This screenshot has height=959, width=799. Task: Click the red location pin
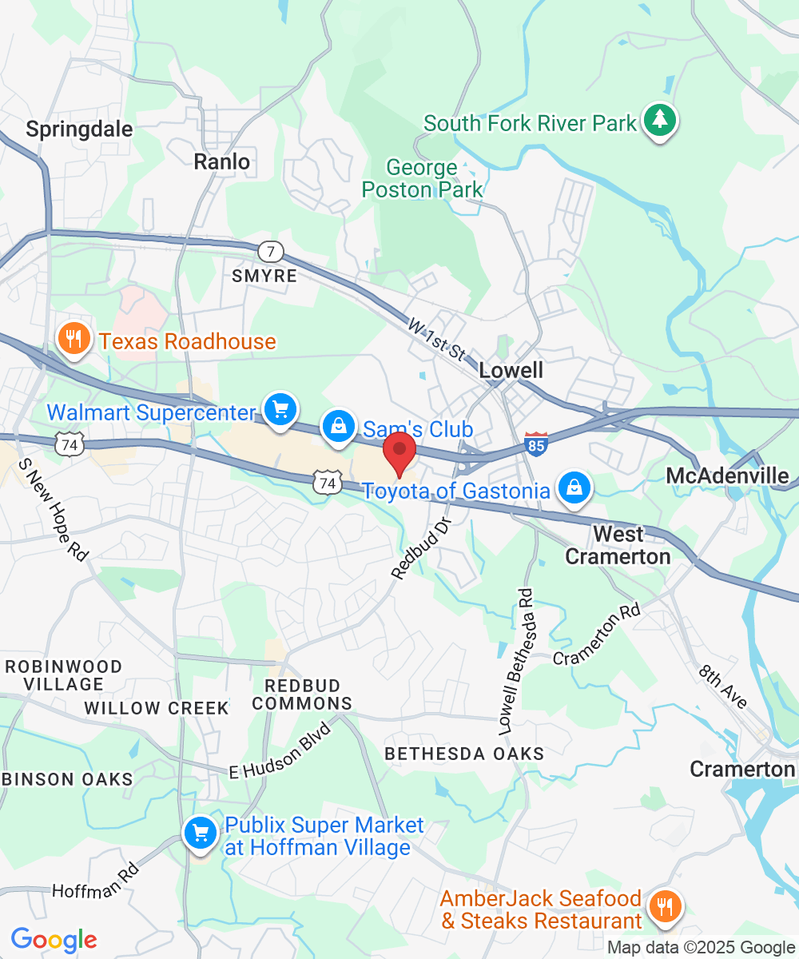[399, 453]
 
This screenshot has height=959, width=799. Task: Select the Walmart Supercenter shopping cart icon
[279, 410]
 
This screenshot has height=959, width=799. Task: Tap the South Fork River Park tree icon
[659, 121]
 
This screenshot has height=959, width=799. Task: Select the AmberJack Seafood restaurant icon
[663, 906]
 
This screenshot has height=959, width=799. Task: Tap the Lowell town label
[511, 370]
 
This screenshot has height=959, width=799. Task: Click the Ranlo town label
[222, 161]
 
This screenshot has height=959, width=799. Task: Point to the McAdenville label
[728, 476]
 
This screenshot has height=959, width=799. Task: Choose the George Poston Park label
[422, 178]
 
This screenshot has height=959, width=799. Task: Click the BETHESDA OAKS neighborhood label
[464, 754]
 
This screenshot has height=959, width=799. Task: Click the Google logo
[54, 940]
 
